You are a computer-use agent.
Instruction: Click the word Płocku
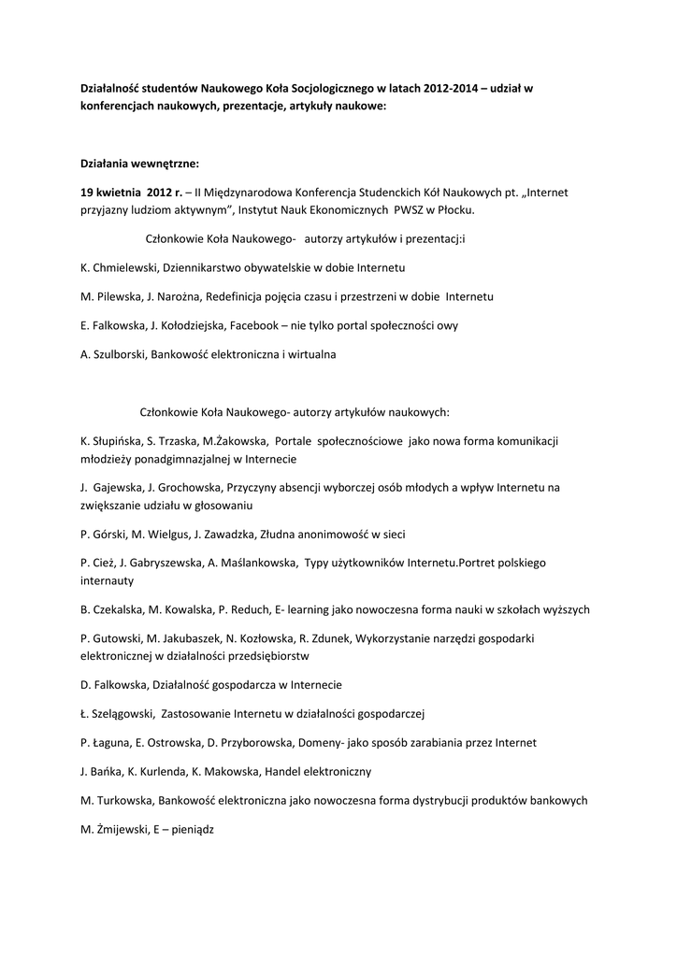466,210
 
